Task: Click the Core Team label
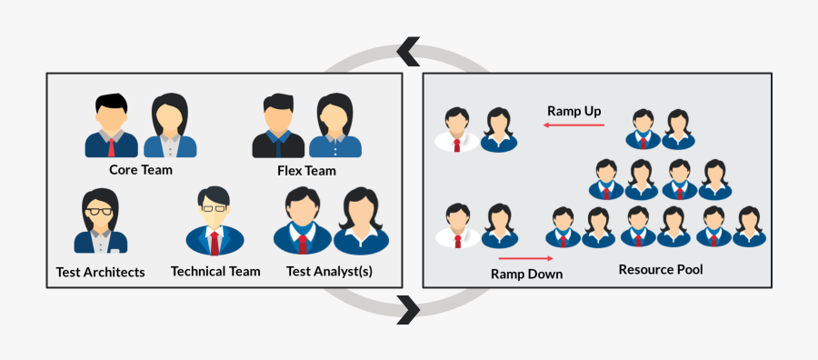pyautogui.click(x=141, y=169)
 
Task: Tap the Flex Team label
pyautogui.click(x=306, y=170)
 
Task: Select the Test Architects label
pyautogui.click(x=100, y=272)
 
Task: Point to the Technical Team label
pyautogui.click(x=215, y=271)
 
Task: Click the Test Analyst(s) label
pyautogui.click(x=329, y=271)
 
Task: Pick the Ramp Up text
pyautogui.click(x=574, y=111)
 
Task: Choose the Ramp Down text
pyautogui.click(x=526, y=273)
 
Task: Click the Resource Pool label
pyautogui.click(x=661, y=269)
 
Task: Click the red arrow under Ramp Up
pyautogui.click(x=574, y=125)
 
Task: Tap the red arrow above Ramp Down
pyautogui.click(x=526, y=258)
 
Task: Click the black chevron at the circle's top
pyautogui.click(x=409, y=51)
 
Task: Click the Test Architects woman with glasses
pyautogui.click(x=100, y=223)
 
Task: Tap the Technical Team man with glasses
pyautogui.click(x=214, y=222)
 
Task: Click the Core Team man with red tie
pyautogui.click(x=111, y=126)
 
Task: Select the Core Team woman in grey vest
pyautogui.click(x=169, y=126)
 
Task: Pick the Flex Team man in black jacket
pyautogui.click(x=276, y=126)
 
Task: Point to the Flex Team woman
pyautogui.click(x=334, y=126)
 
